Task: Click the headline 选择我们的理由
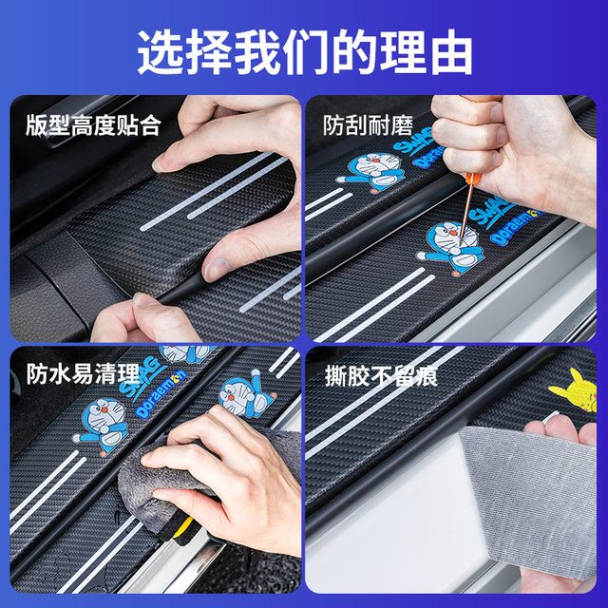point(304,51)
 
